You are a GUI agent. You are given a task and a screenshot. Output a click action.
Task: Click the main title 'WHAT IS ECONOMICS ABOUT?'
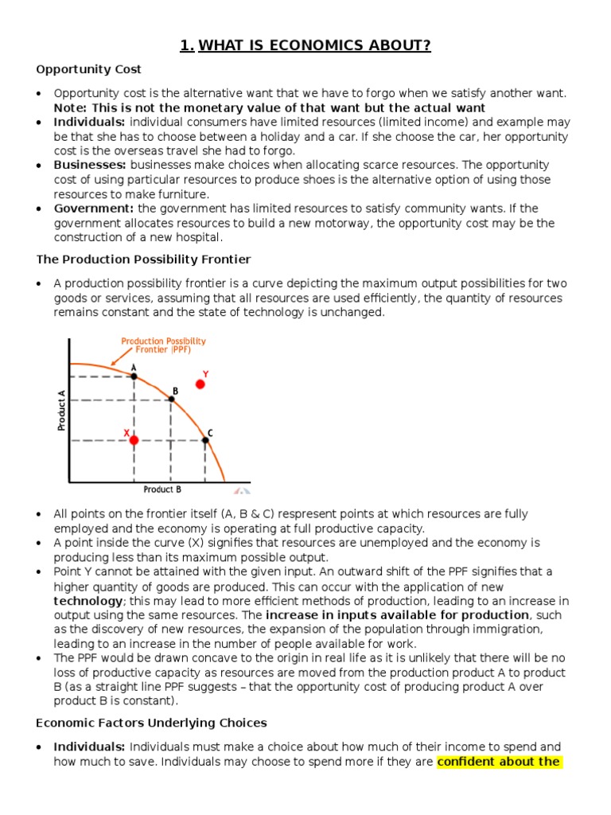pyautogui.click(x=314, y=45)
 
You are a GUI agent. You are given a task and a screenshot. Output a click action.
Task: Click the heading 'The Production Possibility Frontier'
pyautogui.click(x=144, y=259)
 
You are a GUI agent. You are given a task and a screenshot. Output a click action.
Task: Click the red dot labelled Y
pyautogui.click(x=200, y=384)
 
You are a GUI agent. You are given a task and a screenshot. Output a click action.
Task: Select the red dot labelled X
pyautogui.click(x=134, y=439)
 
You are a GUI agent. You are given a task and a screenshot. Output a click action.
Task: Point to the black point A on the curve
pyautogui.click(x=134, y=376)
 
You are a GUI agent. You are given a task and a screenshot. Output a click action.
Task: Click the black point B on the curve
pyautogui.click(x=171, y=399)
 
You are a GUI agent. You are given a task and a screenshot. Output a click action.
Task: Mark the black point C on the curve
pyautogui.click(x=205, y=439)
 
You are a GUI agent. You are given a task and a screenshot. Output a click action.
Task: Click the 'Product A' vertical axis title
pyautogui.click(x=61, y=410)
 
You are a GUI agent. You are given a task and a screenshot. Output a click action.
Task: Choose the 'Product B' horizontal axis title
pyautogui.click(x=162, y=489)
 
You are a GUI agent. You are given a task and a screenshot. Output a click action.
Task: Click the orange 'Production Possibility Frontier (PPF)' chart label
pyautogui.click(x=163, y=345)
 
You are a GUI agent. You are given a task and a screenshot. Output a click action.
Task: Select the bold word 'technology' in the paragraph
pyautogui.click(x=88, y=601)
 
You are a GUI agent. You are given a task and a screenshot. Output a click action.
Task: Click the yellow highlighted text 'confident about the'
pyautogui.click(x=499, y=762)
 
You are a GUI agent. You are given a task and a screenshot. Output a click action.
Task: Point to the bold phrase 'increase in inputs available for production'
pyautogui.click(x=397, y=615)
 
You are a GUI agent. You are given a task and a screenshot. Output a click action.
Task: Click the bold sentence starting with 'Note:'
pyautogui.click(x=269, y=107)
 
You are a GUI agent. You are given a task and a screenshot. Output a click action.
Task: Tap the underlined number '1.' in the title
pyautogui.click(x=187, y=45)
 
